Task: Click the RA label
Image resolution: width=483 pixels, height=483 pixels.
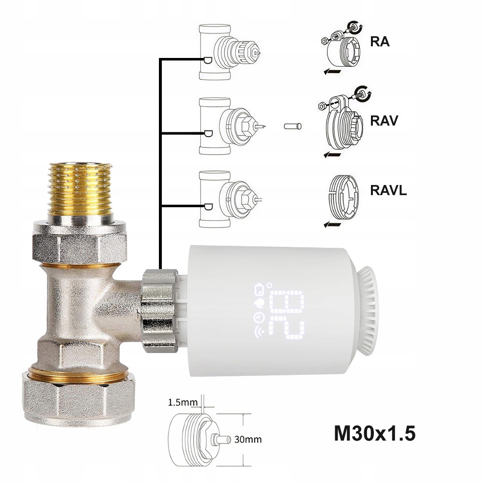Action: [380, 42]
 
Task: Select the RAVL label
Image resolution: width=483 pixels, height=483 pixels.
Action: [388, 190]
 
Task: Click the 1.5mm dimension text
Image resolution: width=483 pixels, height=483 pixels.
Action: [183, 402]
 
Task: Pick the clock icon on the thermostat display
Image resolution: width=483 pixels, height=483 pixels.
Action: [257, 317]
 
